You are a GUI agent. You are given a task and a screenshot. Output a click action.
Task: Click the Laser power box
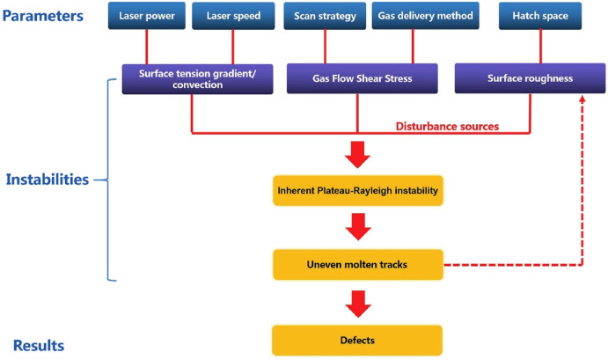click(x=147, y=16)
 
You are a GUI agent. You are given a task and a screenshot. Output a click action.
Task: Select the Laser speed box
click(x=233, y=16)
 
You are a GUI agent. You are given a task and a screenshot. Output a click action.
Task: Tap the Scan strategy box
click(x=326, y=16)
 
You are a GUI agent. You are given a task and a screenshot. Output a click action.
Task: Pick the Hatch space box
click(x=531, y=16)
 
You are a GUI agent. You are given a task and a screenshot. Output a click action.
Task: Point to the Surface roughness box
click(x=530, y=79)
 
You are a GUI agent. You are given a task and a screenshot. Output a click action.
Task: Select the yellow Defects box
click(x=356, y=338)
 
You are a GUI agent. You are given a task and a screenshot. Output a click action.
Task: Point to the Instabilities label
click(x=48, y=180)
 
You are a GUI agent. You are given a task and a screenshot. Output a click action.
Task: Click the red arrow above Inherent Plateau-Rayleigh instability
click(x=356, y=153)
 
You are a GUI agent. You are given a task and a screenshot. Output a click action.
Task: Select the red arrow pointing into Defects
click(x=356, y=303)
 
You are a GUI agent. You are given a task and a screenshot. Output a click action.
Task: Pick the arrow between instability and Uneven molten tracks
click(x=356, y=227)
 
